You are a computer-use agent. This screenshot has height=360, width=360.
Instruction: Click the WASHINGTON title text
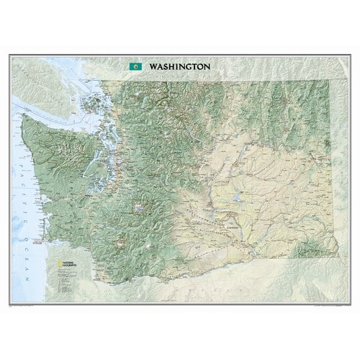click(180, 66)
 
